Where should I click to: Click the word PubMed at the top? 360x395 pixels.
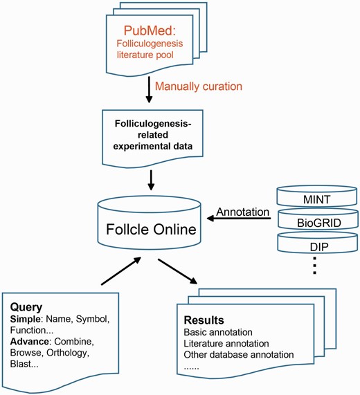pos(151,32)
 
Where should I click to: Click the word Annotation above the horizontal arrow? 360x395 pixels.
pos(244,211)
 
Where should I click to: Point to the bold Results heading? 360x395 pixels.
pos(204,321)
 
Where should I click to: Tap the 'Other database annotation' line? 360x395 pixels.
pos(239,355)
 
